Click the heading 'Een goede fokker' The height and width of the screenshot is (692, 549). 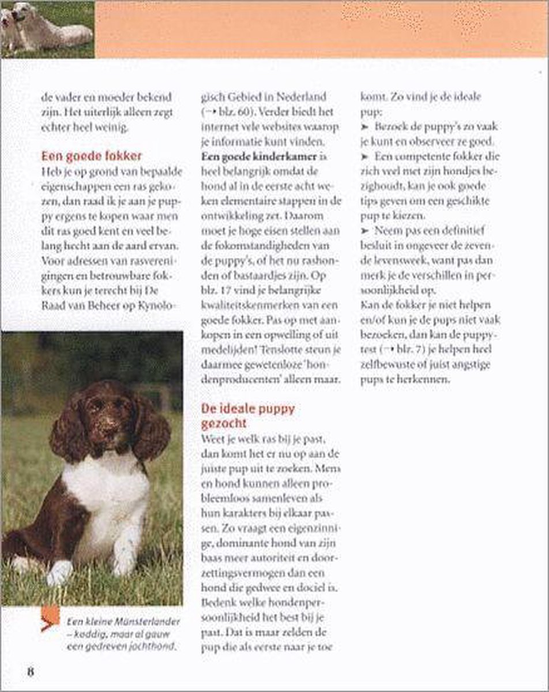point(92,156)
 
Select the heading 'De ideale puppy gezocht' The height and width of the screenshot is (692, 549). point(247,416)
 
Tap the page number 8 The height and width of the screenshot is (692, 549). point(31,672)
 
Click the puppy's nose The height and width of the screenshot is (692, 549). point(107,429)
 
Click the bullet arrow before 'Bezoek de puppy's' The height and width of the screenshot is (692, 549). point(364,126)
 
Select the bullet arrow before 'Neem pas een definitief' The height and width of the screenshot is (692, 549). point(364,231)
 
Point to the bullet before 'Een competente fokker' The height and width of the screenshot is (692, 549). point(364,156)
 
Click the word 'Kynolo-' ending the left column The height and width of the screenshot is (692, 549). point(152,306)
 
